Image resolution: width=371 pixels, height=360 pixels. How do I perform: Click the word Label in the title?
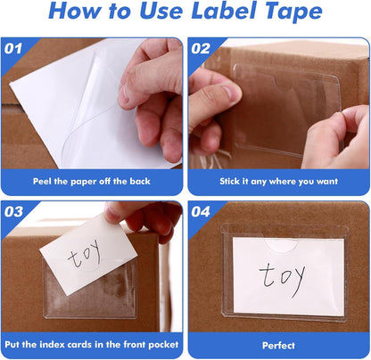[x=224, y=12]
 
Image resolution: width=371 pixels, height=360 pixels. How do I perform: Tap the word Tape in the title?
[x=293, y=12]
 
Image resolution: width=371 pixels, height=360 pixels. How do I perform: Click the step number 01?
[x=13, y=49]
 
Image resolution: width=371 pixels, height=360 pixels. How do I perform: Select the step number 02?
[x=201, y=49]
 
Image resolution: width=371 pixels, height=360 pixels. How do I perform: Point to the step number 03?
[x=13, y=212]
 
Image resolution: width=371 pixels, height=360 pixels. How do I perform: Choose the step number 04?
[x=201, y=212]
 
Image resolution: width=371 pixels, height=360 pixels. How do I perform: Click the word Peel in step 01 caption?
[x=42, y=181]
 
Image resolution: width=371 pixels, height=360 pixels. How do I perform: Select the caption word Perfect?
[x=278, y=346]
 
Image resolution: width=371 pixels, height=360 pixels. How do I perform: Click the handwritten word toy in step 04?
[x=282, y=279]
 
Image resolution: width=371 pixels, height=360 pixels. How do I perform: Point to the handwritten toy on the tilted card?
[x=84, y=254]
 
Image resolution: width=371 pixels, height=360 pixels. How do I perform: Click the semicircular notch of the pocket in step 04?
[x=281, y=245]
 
